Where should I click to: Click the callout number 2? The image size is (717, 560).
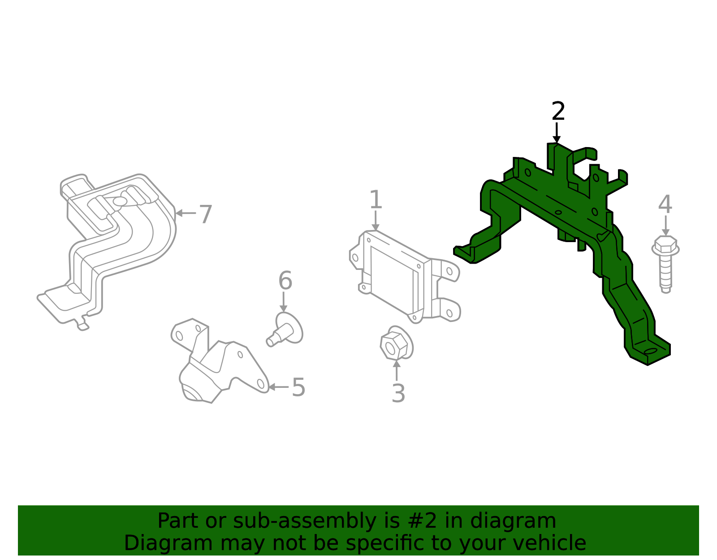coord(558,112)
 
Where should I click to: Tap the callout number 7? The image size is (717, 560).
coord(205,214)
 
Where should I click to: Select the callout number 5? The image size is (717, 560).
coord(298,387)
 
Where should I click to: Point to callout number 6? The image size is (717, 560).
coord(285,281)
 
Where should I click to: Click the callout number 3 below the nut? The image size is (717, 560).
coord(398,393)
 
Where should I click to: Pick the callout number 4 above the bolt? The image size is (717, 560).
coord(665,204)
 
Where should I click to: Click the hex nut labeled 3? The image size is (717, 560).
coord(396,344)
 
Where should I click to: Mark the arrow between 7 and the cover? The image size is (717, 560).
coord(185,213)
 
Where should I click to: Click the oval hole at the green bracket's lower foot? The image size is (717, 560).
coord(650,351)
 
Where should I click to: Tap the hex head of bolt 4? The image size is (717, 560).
coord(665,245)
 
